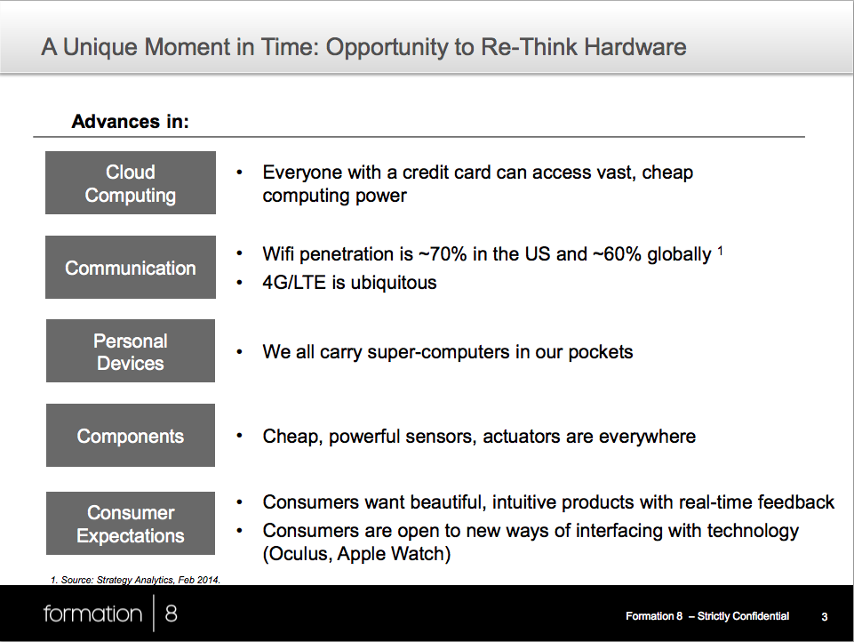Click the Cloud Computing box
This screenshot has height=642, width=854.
pos(130,182)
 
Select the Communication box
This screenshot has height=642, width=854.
pos(130,267)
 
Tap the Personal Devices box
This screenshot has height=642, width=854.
pos(130,351)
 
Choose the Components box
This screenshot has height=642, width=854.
pos(130,436)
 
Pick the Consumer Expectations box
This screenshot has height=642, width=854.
pos(130,523)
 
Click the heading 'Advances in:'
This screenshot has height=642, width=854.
pos(130,121)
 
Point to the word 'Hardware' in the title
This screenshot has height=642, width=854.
pos(635,47)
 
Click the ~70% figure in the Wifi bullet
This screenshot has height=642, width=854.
pos(443,254)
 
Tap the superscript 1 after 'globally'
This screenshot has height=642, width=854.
pos(720,251)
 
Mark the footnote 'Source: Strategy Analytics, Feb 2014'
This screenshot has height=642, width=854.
pos(140,580)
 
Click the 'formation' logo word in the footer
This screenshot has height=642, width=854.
pos(92,614)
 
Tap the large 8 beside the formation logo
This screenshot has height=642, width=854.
pos(171,614)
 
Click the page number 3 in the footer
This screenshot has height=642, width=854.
pos(825,616)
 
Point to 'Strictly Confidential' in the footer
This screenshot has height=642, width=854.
pos(743,616)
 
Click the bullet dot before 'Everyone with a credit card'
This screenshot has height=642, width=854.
pos(239,173)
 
